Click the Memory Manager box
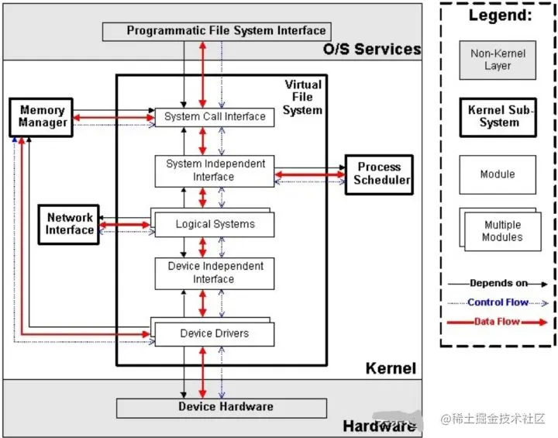42,117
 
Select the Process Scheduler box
379,174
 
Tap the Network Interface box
70,224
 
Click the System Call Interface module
215,117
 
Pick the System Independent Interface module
215,171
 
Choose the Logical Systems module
215,225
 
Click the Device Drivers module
215,334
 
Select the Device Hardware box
226,407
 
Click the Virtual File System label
302,97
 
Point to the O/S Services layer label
371,50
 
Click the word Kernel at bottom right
391,369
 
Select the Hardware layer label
379,426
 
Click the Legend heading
499,16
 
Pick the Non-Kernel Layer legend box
498,60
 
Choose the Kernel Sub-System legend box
498,116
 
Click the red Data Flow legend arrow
498,322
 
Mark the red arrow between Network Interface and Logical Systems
126,225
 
